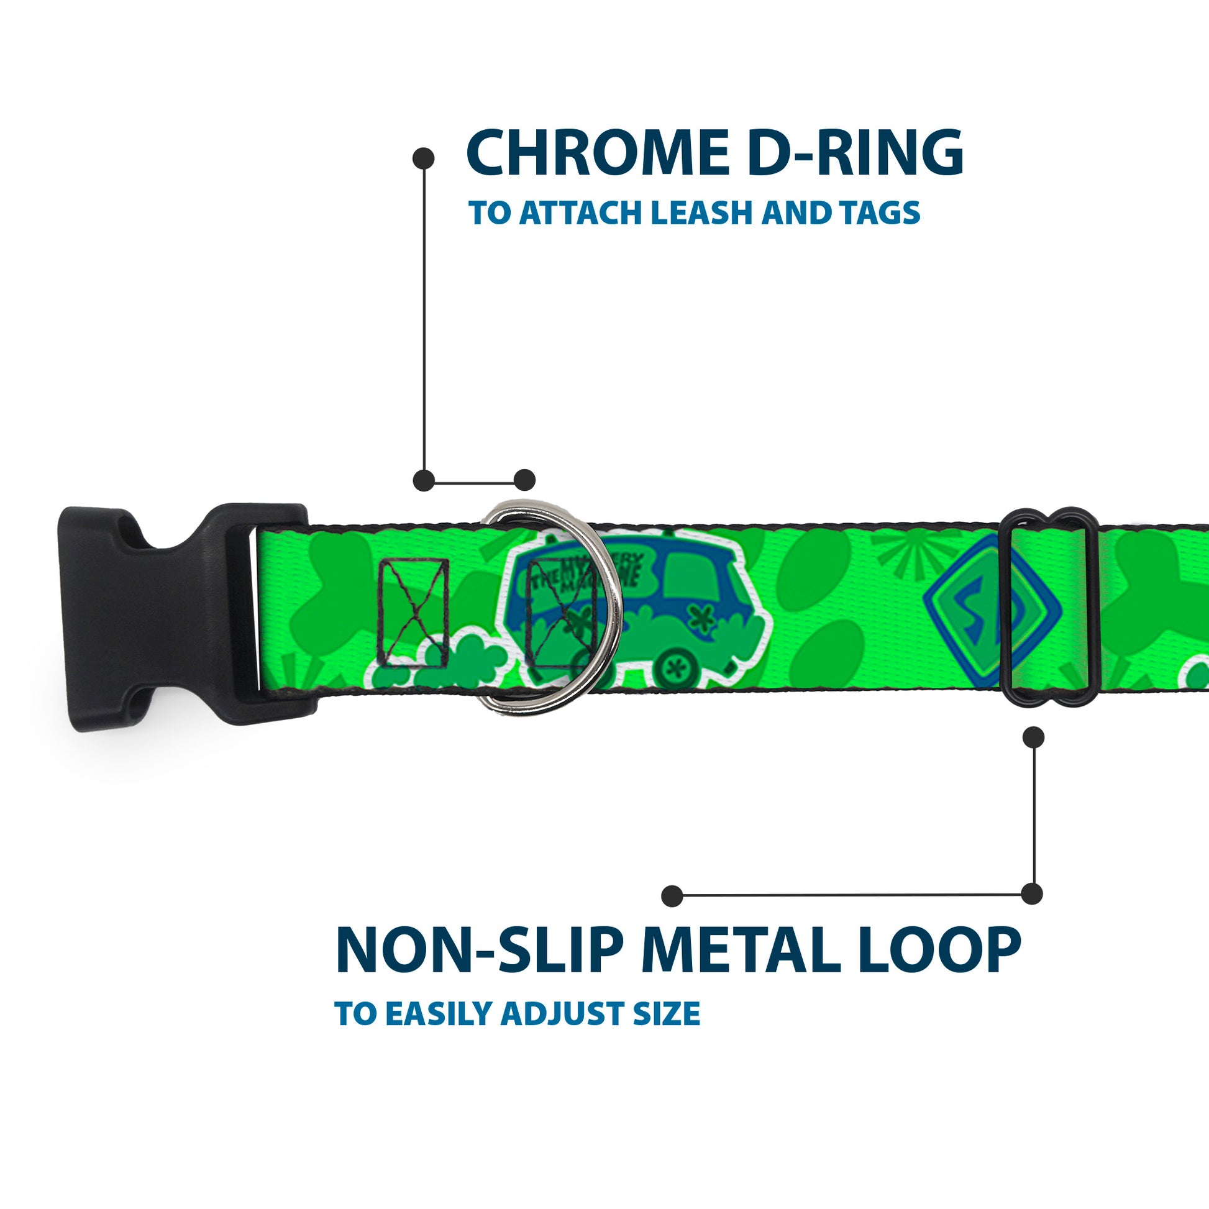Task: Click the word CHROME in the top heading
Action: point(597,153)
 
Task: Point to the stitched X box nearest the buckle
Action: point(414,613)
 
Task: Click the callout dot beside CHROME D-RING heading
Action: point(424,158)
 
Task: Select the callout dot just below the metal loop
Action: point(1033,737)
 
